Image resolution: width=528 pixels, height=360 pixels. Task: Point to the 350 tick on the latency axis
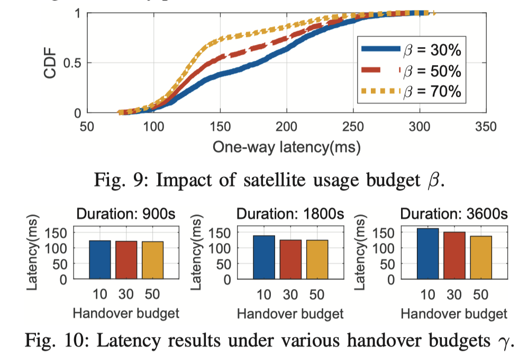(486, 127)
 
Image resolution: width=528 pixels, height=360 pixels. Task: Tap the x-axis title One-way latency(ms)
(286, 147)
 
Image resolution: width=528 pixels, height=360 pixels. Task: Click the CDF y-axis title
(50, 63)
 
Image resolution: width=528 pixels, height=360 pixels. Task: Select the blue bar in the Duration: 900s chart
(99, 259)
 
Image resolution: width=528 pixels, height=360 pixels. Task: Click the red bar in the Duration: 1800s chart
(290, 259)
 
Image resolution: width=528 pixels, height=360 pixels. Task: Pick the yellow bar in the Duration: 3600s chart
(480, 257)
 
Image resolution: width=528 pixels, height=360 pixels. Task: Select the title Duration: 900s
(126, 214)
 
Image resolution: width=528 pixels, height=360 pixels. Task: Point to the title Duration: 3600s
(454, 214)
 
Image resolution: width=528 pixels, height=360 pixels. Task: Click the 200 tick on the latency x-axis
(286, 127)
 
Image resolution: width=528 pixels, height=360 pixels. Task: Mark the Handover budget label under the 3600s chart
(454, 313)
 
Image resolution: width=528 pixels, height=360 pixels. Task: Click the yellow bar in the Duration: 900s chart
(152, 260)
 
